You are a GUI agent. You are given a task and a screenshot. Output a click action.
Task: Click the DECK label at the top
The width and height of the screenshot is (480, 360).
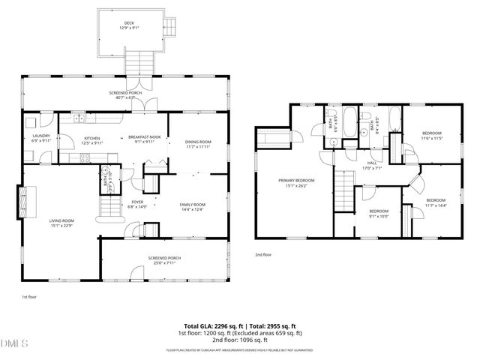click(129, 23)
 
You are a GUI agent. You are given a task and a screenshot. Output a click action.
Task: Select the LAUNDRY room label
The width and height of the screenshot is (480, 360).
click(40, 136)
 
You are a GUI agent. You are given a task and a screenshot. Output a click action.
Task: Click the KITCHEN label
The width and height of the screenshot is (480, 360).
click(91, 138)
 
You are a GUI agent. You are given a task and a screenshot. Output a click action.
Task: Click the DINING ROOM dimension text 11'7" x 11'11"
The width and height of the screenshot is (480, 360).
click(199, 146)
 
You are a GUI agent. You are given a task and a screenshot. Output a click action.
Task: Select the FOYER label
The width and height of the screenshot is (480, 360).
click(136, 202)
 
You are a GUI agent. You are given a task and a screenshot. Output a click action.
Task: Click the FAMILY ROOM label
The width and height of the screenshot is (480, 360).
click(192, 204)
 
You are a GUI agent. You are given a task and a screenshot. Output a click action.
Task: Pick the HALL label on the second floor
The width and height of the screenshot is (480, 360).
click(371, 163)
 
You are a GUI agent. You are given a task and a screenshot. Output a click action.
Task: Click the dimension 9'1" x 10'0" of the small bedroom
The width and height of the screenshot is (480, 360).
click(378, 217)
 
